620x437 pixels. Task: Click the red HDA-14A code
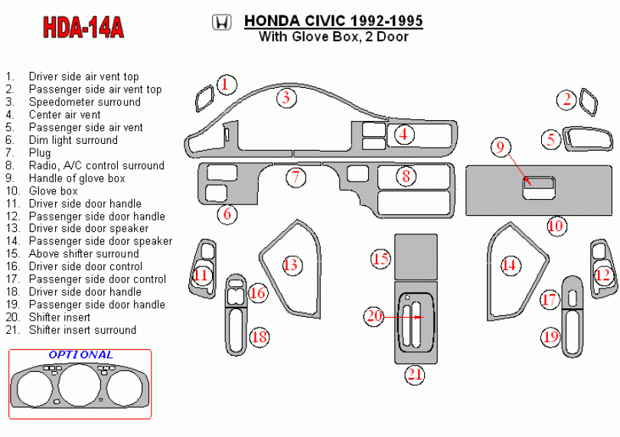83,28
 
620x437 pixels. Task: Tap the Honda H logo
221,22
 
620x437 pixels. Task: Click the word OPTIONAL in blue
80,355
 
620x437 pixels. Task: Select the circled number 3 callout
286,98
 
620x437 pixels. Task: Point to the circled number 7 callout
295,178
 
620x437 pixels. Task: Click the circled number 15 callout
380,259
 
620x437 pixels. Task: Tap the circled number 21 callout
415,374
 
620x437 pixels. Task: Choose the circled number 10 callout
556,226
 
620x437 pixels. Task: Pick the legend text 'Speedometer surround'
85,102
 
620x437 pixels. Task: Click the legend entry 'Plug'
40,153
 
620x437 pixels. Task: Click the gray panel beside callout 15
416,257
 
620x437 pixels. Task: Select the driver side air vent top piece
205,99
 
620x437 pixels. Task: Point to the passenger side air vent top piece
589,103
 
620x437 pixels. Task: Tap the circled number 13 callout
291,265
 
